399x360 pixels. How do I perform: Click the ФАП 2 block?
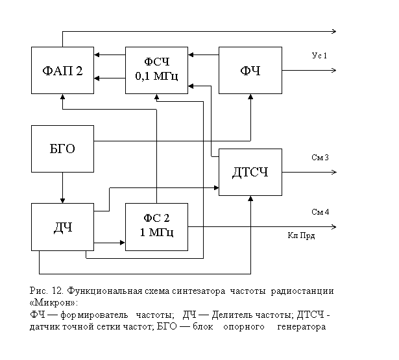pyautogui.click(x=62, y=70)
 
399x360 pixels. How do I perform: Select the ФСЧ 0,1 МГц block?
pyautogui.click(x=156, y=70)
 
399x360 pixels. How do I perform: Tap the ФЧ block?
pyautogui.click(x=250, y=70)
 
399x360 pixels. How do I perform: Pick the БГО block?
pyautogui.click(x=62, y=149)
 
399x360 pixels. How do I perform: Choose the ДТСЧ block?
pyautogui.click(x=250, y=172)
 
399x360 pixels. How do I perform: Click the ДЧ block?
pyautogui.click(x=62, y=227)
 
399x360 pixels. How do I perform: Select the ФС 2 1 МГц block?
pyautogui.click(x=156, y=227)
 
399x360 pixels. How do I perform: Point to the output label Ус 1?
pyautogui.click(x=319, y=56)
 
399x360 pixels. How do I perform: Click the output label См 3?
pyautogui.click(x=320, y=158)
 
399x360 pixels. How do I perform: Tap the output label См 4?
pyautogui.click(x=320, y=212)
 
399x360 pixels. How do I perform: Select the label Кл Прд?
pyautogui.click(x=301, y=235)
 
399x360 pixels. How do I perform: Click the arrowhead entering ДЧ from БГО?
pyautogui.click(x=62, y=200)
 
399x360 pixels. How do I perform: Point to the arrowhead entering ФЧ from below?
pyautogui.click(x=250, y=97)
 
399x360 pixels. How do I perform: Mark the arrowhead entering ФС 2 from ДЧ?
pyautogui.click(x=123, y=243)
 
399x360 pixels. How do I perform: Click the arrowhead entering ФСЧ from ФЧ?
pyautogui.click(x=191, y=54)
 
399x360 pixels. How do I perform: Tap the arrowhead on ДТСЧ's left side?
pyautogui.click(x=216, y=187)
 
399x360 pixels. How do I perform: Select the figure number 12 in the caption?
pyautogui.click(x=57, y=291)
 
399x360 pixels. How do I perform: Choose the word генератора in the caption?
pyautogui.click(x=302, y=327)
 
